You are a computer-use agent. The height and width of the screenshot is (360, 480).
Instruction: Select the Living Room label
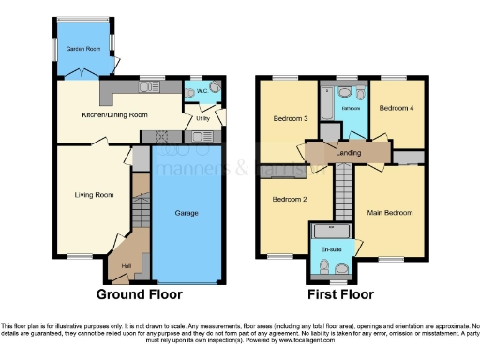pos(94,195)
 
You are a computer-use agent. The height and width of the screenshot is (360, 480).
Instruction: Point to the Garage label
pos(187,213)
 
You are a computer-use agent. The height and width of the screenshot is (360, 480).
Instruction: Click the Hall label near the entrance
pos(127,265)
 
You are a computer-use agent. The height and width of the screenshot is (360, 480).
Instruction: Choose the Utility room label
pos(202,118)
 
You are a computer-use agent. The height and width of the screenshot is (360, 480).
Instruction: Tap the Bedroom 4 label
pos(395,109)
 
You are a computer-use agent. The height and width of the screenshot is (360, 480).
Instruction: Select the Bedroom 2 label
pos(289,200)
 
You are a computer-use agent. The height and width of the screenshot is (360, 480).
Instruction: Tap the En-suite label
pos(331,251)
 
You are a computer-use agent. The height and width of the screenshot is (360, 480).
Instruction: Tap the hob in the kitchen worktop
pos(163,136)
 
